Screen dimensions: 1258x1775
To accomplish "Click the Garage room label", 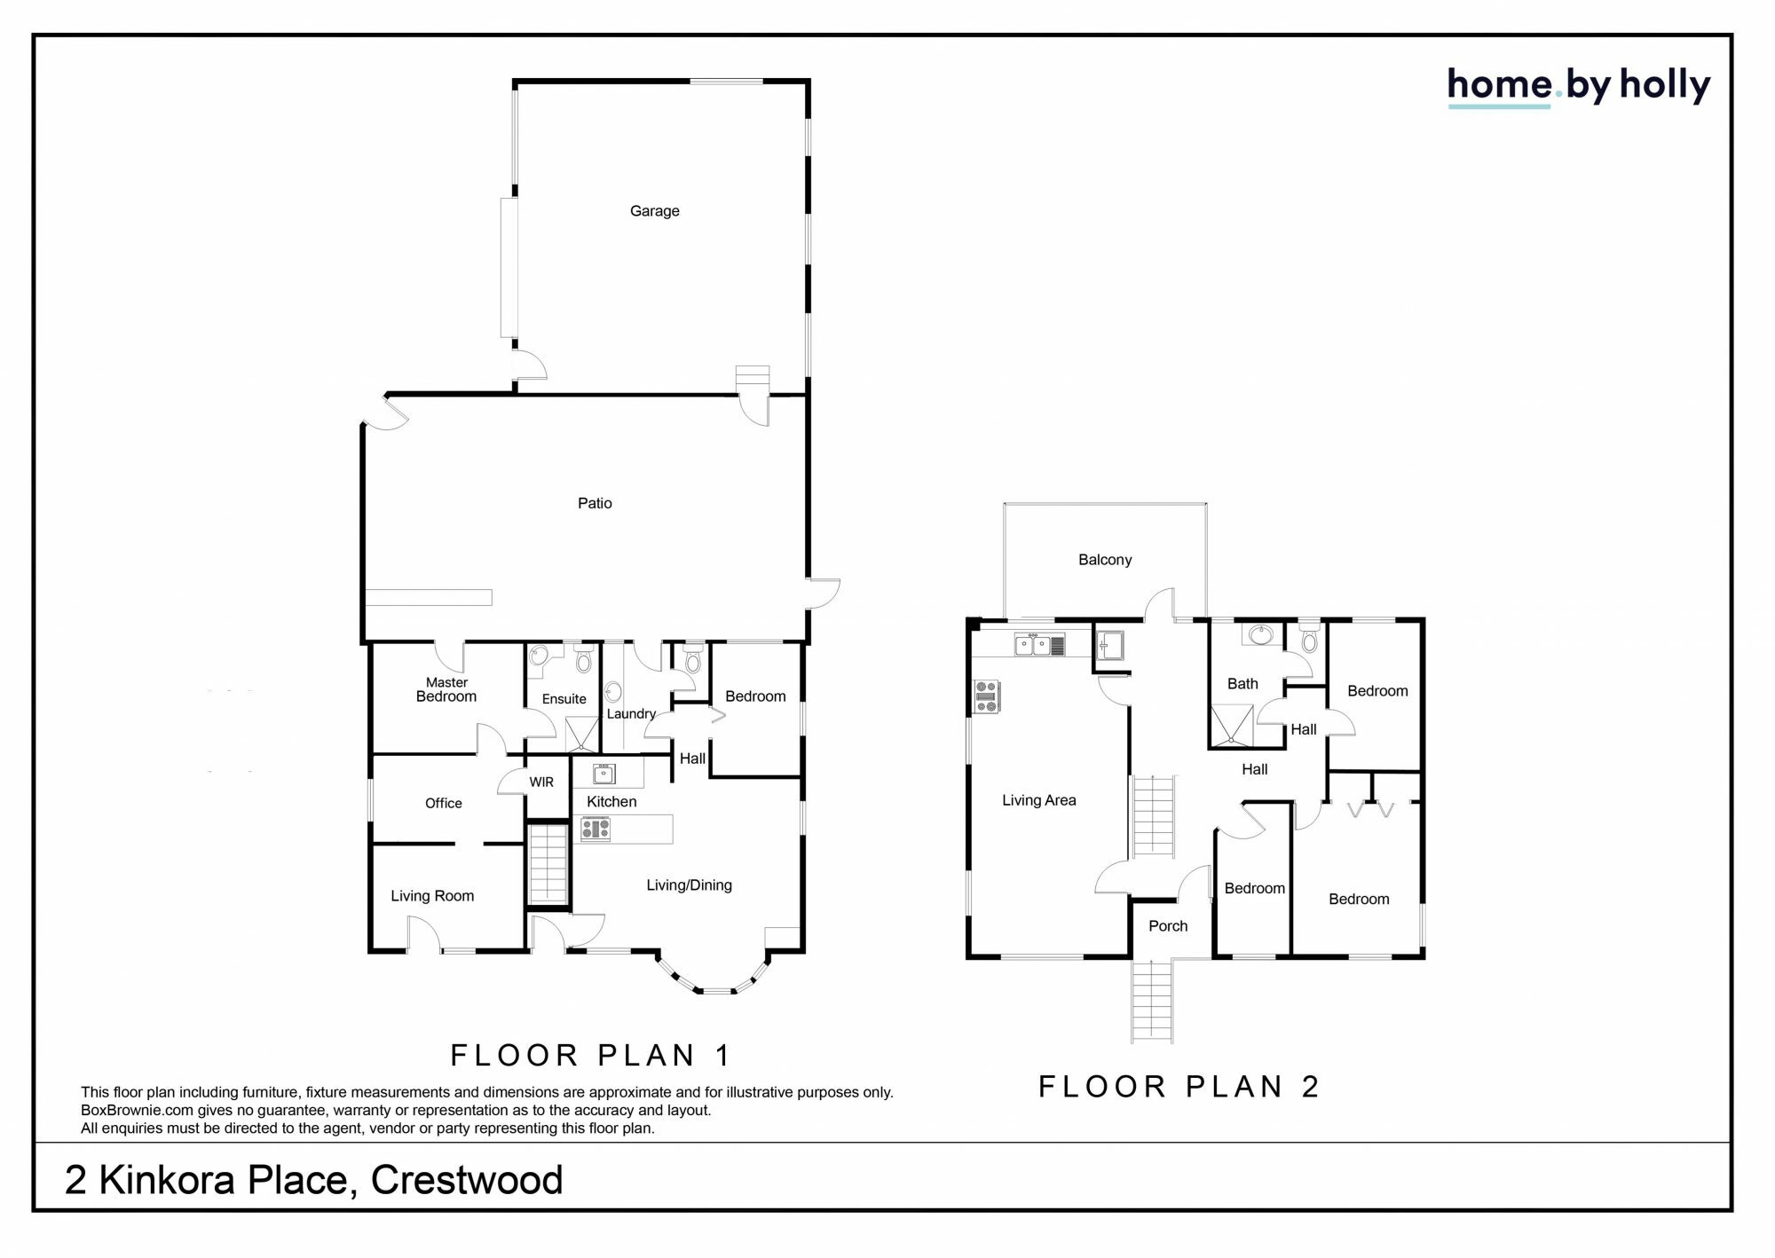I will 654,211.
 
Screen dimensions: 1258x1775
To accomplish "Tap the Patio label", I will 595,503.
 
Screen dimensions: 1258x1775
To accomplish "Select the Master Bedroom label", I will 446,689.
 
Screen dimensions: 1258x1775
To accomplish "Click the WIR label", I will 541,782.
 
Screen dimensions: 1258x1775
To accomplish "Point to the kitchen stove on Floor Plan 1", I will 596,829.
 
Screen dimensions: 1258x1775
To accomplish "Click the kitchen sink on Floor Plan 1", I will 604,774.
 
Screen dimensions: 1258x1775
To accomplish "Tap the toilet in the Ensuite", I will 583,661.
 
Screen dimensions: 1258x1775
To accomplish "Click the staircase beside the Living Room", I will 548,864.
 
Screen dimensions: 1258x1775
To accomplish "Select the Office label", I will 443,803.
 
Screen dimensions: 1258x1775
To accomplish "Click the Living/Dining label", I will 689,885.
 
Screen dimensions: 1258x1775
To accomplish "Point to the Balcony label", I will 1105,560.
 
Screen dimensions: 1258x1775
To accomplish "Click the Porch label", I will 1167,926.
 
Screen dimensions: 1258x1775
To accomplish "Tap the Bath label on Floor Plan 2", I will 1242,684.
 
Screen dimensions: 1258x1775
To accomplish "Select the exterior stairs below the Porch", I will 1152,1001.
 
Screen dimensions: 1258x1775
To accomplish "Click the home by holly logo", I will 1578,86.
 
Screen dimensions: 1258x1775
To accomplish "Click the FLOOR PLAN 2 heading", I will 1179,1087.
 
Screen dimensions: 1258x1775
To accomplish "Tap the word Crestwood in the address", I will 467,1180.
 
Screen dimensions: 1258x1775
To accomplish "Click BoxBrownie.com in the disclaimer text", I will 137,1111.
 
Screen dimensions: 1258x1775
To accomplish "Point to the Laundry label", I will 631,714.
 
